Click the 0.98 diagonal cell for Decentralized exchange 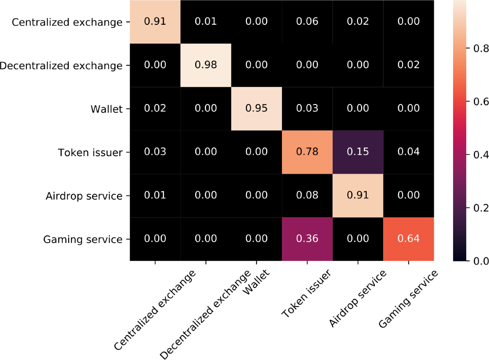[x=206, y=65]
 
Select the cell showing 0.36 [x=307, y=239]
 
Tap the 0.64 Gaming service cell [x=409, y=239]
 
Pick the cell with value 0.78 [x=307, y=152]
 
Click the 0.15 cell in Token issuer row [x=358, y=152]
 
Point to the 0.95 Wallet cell [x=256, y=108]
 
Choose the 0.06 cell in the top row [x=307, y=21]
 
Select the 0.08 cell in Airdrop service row [x=307, y=195]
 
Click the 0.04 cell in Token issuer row [x=409, y=152]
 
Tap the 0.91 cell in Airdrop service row [x=358, y=195]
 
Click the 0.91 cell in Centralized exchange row [x=155, y=21]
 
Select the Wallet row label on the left [x=106, y=109]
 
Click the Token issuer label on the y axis [x=90, y=152]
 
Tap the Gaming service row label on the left [x=83, y=239]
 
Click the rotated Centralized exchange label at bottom [x=155, y=310]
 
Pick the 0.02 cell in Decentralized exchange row [x=409, y=65]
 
